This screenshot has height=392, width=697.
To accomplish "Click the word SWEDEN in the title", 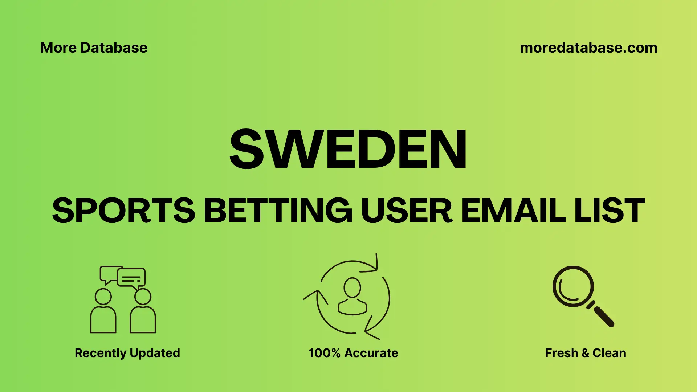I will pos(348,149).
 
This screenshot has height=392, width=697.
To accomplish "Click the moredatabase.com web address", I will pos(588,48).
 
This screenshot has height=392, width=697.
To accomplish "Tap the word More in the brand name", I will pos(58,48).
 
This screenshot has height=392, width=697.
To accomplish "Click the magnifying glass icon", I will pos(574,287).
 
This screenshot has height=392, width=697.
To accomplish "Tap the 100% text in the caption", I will pos(324,353).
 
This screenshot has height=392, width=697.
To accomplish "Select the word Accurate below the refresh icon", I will pos(371,353).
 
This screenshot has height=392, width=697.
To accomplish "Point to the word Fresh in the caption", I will pos(561,353).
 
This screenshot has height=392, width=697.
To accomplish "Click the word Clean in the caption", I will pos(609,353).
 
